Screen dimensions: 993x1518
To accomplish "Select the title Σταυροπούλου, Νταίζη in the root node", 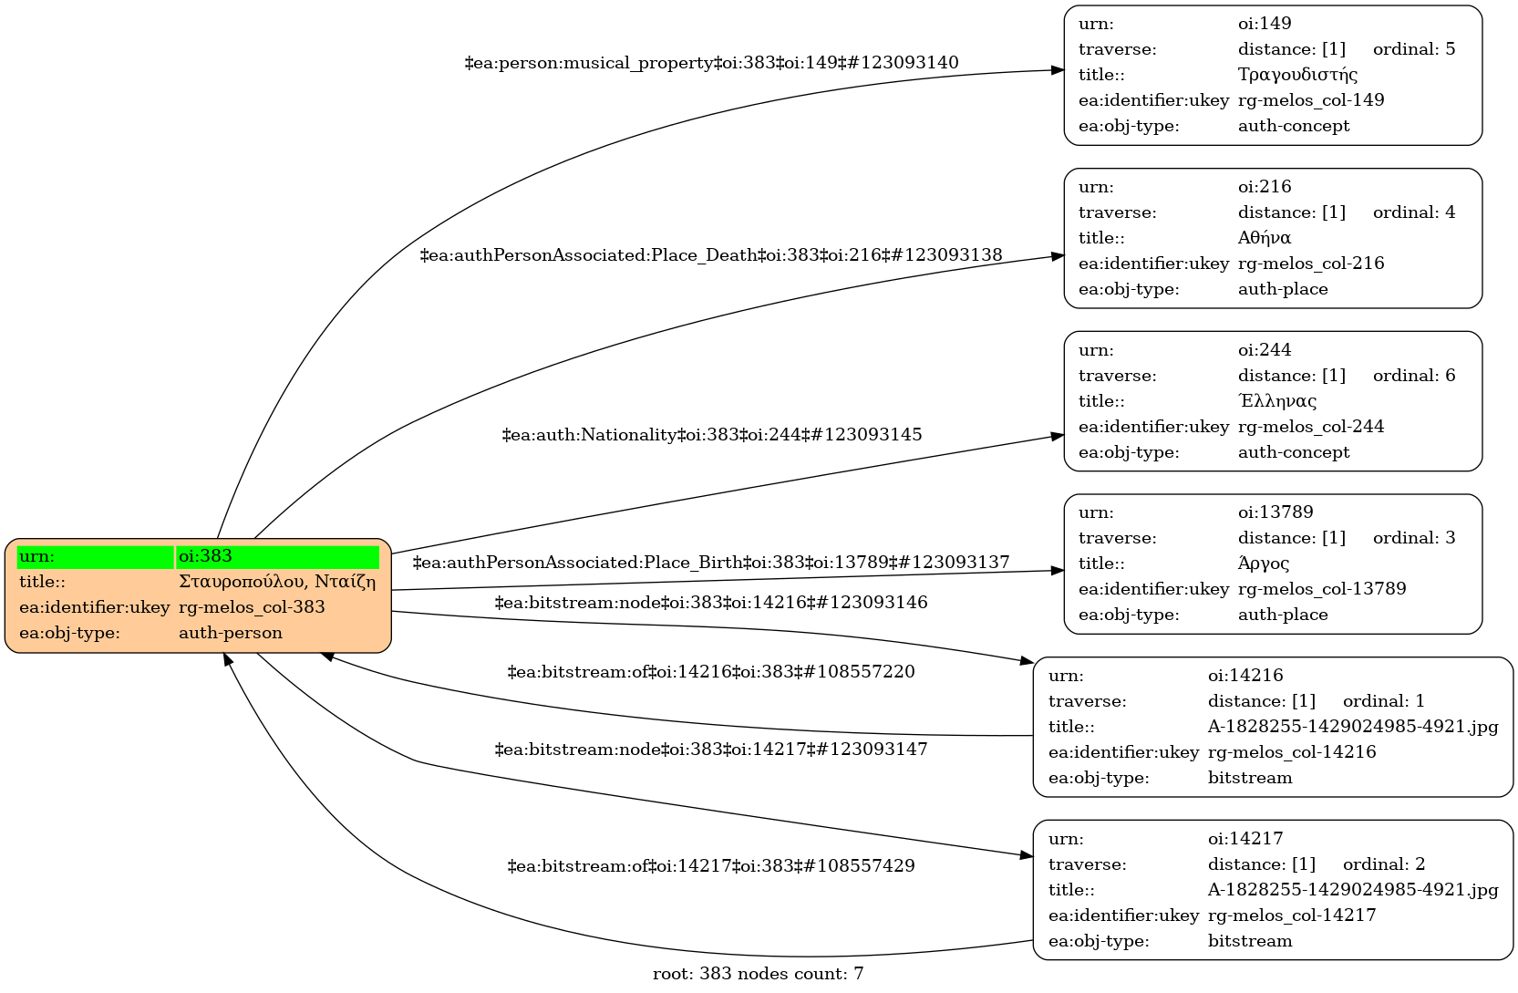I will coord(277,582).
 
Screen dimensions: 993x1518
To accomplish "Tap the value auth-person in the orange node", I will coord(231,633).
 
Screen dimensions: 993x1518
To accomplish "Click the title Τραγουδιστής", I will coord(1297,75).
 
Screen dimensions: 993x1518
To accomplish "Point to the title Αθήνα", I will coord(1264,238).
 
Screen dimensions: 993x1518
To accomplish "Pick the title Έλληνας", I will coord(1276,401).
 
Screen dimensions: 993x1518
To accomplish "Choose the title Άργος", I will coord(1263,564).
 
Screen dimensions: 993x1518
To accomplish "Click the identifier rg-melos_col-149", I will coord(1310,100).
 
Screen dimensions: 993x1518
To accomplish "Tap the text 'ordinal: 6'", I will coord(1414,376).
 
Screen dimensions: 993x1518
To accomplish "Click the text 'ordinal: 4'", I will coord(1414,212).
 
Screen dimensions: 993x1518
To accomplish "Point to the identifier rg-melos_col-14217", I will coord(1291,915).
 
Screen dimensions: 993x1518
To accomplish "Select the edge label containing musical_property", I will coord(711,63).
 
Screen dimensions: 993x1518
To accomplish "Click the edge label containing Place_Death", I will coord(711,255).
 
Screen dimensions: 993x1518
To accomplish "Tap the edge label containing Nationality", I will coord(711,435).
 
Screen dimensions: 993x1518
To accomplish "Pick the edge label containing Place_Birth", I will coord(711,563).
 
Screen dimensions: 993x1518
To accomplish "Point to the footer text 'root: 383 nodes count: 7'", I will coord(758,974).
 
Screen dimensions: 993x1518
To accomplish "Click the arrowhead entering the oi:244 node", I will coord(1058,437).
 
